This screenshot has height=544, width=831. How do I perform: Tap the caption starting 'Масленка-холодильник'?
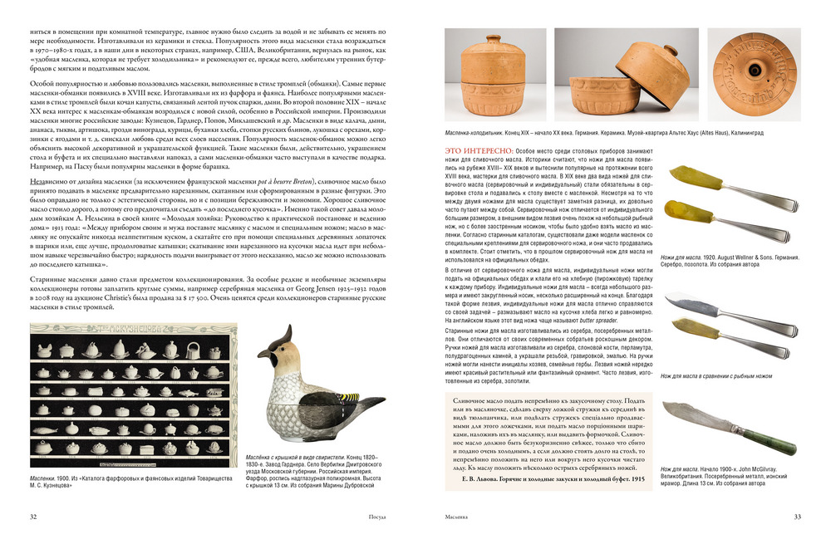pyautogui.click(x=482, y=132)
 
